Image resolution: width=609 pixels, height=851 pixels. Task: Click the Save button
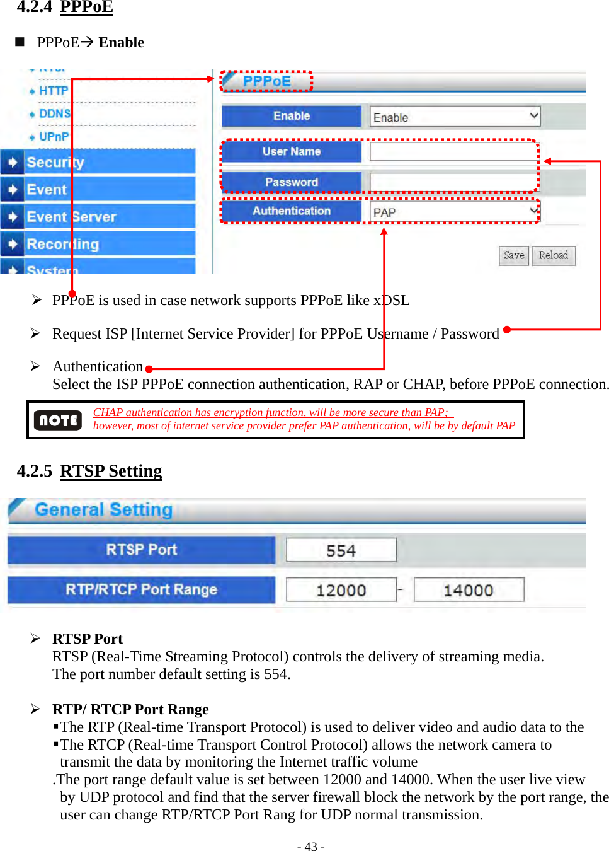513,255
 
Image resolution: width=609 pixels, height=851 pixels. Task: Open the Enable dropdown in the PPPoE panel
455,117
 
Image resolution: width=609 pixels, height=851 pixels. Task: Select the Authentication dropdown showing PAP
455,212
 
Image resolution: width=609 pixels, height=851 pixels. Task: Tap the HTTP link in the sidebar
53,91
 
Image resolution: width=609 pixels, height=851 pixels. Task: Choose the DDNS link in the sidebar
54,113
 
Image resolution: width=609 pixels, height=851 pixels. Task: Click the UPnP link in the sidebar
54,137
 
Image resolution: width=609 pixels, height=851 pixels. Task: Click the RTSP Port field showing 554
341,550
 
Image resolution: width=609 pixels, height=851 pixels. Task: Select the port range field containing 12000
341,590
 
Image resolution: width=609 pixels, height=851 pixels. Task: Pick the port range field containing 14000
468,590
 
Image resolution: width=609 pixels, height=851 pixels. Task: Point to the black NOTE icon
58,420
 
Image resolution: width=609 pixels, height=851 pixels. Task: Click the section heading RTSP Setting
111,471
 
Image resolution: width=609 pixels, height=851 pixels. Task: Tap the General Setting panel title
103,509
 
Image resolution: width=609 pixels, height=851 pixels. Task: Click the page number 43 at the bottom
310,846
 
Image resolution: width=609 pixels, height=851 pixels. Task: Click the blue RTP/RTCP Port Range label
141,589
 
